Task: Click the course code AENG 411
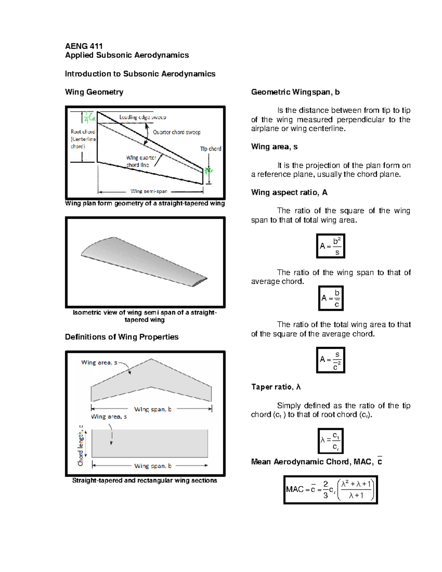(x=84, y=46)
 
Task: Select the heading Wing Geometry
(x=94, y=92)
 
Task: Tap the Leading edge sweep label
(x=143, y=117)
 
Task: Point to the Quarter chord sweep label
(x=177, y=132)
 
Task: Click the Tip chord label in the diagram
(x=210, y=149)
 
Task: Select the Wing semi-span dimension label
(x=149, y=191)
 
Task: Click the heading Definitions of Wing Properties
(x=122, y=337)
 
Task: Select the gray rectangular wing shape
(x=150, y=443)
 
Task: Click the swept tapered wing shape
(x=151, y=383)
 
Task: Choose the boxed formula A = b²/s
(x=330, y=246)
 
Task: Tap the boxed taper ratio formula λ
(x=330, y=441)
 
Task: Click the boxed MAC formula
(x=330, y=489)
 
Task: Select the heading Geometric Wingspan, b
(x=295, y=92)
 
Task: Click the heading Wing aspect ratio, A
(x=289, y=193)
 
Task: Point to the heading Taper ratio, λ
(x=276, y=387)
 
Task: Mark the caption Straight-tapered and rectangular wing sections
(x=144, y=481)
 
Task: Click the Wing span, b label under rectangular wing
(x=153, y=466)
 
